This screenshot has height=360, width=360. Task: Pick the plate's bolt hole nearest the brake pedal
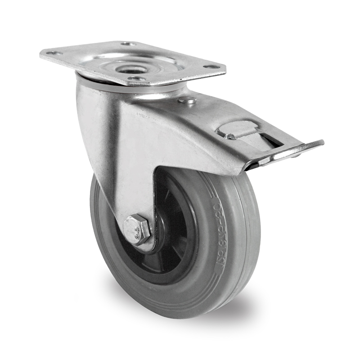(x=208, y=67)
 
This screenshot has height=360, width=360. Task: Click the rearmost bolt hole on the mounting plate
(x=128, y=44)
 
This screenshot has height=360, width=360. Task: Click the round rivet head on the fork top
(x=186, y=100)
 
